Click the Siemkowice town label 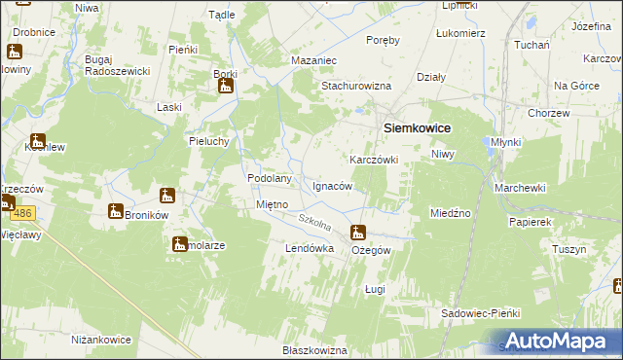click(x=420, y=126)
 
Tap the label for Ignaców click(x=332, y=185)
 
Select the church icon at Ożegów click(x=358, y=233)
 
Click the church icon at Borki click(x=226, y=87)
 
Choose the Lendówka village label click(x=309, y=249)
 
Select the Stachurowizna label click(x=356, y=86)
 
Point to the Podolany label click(x=271, y=179)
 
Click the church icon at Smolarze click(x=180, y=244)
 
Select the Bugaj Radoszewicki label click(x=117, y=65)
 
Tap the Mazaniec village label click(x=313, y=60)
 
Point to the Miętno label click(x=271, y=204)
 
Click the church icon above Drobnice click(x=16, y=53)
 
